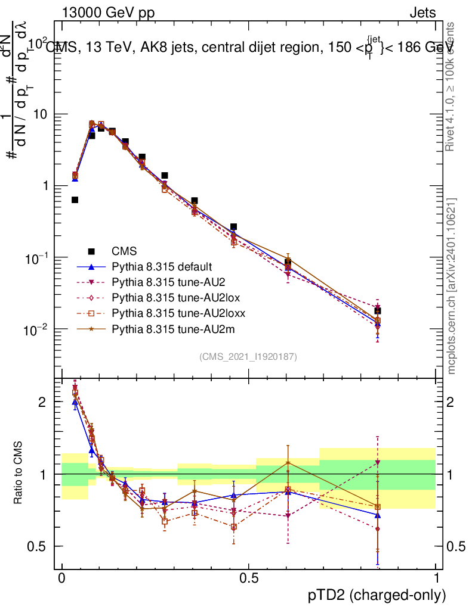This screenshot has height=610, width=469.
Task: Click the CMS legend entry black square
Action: pos(91,251)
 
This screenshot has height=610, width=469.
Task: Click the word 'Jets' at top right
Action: pos(422,13)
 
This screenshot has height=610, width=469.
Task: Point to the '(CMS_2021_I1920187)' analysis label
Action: pos(248,357)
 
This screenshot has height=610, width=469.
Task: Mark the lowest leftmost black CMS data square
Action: pos(75,200)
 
